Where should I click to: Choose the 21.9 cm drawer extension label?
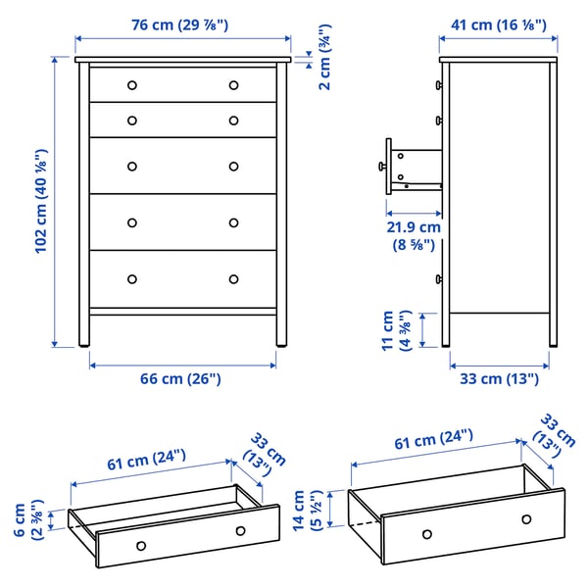(413, 234)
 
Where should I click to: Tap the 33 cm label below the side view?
(499, 378)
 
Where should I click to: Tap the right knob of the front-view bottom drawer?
(233, 279)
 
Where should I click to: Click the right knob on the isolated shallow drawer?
(240, 530)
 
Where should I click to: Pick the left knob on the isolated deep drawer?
(426, 534)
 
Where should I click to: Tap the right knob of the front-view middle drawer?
(233, 166)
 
